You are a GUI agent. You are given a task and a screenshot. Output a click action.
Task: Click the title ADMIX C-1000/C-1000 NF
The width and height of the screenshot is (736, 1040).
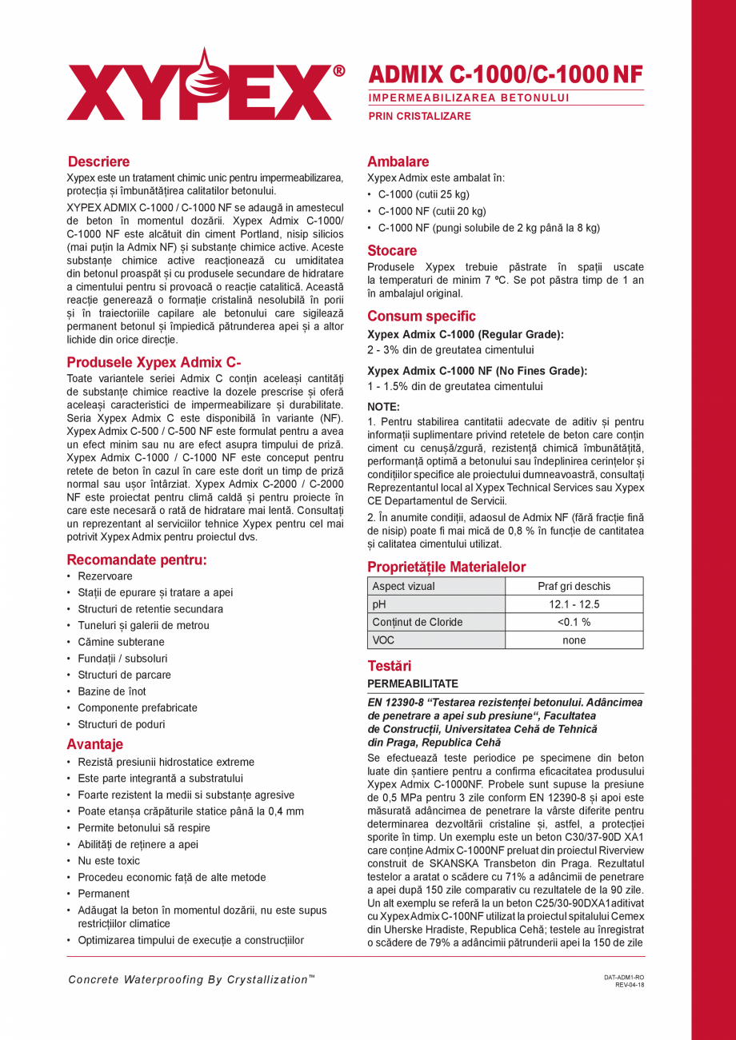tap(506, 74)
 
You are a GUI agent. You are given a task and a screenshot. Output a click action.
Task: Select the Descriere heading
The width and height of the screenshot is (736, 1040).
tap(98, 161)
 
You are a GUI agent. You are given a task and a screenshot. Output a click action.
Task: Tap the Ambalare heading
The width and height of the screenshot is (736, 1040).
tap(398, 161)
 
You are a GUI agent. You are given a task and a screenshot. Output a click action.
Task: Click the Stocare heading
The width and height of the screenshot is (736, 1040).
tap(392, 250)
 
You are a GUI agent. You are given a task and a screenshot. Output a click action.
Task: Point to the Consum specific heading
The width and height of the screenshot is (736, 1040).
tap(421, 316)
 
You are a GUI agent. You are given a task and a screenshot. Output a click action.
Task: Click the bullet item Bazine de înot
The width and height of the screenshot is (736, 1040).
tap(112, 691)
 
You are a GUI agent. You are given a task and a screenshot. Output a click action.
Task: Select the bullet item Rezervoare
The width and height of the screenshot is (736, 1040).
tap(105, 576)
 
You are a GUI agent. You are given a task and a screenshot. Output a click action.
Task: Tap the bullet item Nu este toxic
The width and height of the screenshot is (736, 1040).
tap(109, 861)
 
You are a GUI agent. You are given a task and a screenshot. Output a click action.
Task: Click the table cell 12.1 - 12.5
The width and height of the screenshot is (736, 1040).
tap(574, 604)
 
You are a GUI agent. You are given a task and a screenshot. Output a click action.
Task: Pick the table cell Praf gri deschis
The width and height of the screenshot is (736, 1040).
tap(574, 586)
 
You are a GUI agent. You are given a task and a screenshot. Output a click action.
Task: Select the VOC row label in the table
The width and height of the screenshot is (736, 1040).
tap(383, 640)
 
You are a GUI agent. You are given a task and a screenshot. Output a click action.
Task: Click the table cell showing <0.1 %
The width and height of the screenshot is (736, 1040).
tap(574, 622)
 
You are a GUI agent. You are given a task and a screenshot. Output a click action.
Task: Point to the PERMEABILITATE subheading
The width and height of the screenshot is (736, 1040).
tap(412, 684)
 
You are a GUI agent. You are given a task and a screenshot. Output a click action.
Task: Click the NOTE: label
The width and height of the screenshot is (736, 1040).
tap(383, 406)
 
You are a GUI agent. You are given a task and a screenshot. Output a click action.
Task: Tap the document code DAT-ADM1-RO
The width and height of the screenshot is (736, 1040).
tap(624, 978)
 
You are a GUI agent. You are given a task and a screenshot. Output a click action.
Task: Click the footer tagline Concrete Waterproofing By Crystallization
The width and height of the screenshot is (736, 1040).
tap(191, 979)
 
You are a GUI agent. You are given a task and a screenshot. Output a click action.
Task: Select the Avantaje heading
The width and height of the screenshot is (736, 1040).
tap(94, 744)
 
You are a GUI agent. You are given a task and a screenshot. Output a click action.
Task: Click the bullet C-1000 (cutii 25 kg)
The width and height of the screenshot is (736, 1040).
tap(423, 194)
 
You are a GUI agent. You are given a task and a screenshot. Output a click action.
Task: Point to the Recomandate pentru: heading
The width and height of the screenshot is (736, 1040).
tap(137, 560)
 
